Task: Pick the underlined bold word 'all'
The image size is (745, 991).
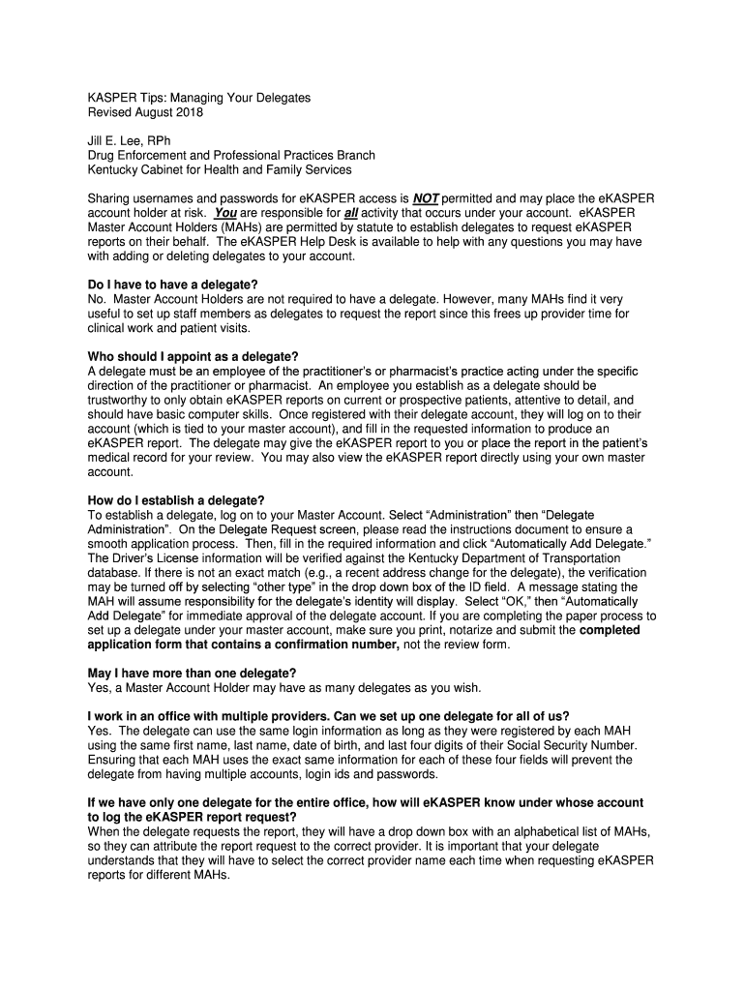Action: [x=351, y=212]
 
